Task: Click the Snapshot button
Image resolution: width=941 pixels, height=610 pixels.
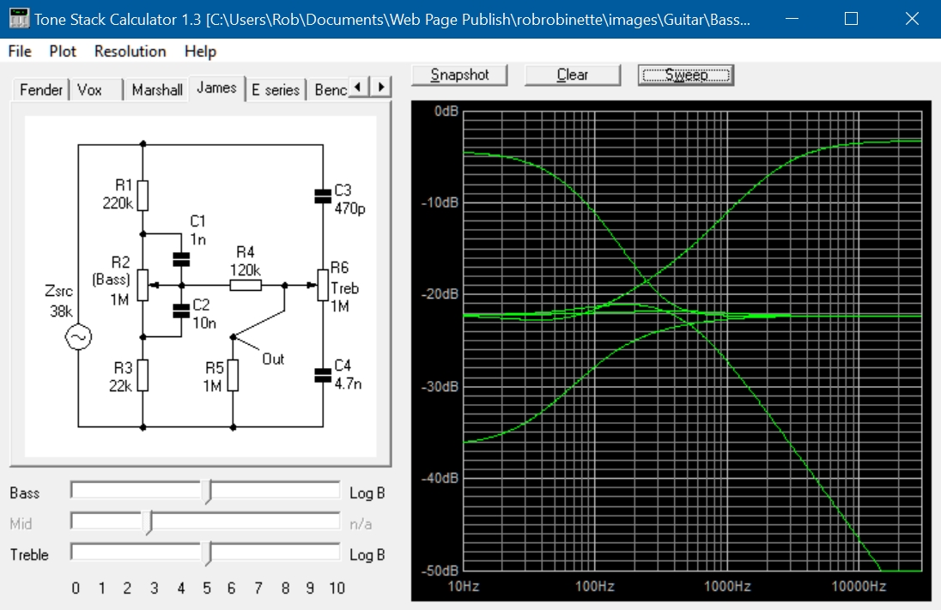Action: coord(459,75)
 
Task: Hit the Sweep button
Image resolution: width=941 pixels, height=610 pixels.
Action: coord(686,75)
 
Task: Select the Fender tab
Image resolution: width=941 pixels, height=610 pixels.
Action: coord(41,90)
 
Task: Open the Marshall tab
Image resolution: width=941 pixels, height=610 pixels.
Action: coord(156,90)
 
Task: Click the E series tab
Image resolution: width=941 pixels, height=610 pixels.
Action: coord(276,90)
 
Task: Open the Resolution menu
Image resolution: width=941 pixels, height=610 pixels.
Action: coord(131,51)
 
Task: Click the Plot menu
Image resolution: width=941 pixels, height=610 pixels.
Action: coord(63,51)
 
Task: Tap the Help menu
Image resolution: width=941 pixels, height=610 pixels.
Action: coord(200,51)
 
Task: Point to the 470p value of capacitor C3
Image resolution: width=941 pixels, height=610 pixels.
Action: coord(350,208)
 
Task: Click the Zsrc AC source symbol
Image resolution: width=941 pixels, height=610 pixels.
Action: coord(79,337)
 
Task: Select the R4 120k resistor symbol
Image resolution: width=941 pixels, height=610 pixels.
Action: coord(246,286)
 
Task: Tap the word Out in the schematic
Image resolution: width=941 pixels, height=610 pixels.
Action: coord(273,359)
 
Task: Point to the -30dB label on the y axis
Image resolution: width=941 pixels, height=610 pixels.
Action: coord(440,386)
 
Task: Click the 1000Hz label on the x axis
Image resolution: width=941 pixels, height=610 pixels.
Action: coord(727,586)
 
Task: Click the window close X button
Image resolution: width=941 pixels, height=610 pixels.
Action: coord(912,19)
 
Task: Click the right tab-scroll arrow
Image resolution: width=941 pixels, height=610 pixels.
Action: coord(381,87)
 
